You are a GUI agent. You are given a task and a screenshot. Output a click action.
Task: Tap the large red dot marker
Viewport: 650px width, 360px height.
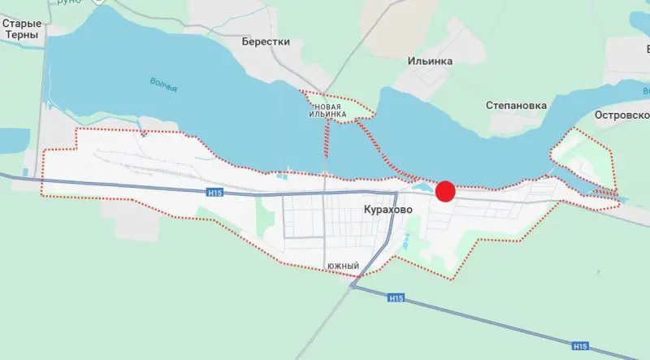[444, 191]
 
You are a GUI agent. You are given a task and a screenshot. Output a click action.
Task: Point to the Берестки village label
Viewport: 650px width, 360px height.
[266, 40]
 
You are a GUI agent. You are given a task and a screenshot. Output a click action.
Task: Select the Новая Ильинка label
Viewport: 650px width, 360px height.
[333, 111]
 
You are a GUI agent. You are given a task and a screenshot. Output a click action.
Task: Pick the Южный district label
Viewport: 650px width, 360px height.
[343, 266]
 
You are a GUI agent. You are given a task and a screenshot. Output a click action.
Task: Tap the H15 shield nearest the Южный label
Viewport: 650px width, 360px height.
[396, 298]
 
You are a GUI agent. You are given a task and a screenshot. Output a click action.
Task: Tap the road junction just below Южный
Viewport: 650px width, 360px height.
[353, 285]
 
